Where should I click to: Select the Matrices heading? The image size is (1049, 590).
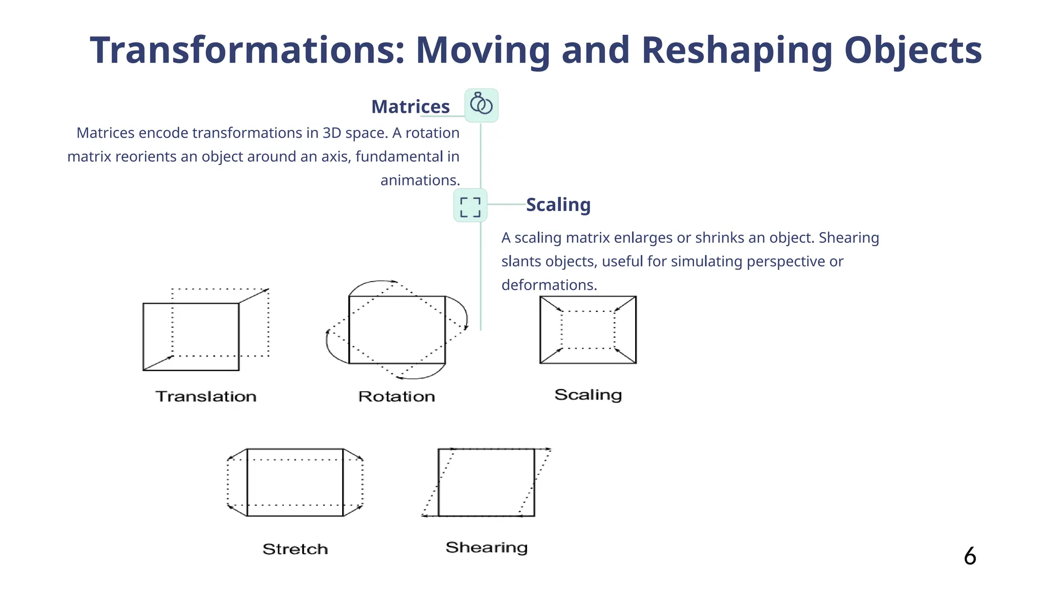(x=410, y=107)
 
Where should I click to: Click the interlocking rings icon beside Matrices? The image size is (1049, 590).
(x=481, y=105)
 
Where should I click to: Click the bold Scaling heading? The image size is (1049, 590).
(x=558, y=205)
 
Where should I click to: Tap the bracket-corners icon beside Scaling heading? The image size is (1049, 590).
(x=470, y=205)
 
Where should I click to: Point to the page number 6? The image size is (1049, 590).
(x=970, y=556)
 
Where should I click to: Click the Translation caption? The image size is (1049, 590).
(x=206, y=396)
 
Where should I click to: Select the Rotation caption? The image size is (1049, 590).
(x=396, y=396)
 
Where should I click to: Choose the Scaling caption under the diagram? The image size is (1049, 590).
(x=588, y=395)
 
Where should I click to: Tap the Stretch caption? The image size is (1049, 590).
(x=295, y=549)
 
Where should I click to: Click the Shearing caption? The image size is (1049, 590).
(x=487, y=547)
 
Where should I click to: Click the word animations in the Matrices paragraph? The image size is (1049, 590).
(x=420, y=180)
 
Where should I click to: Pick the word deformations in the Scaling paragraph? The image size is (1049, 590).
(x=549, y=285)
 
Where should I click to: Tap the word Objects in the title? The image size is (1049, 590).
(x=913, y=51)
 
